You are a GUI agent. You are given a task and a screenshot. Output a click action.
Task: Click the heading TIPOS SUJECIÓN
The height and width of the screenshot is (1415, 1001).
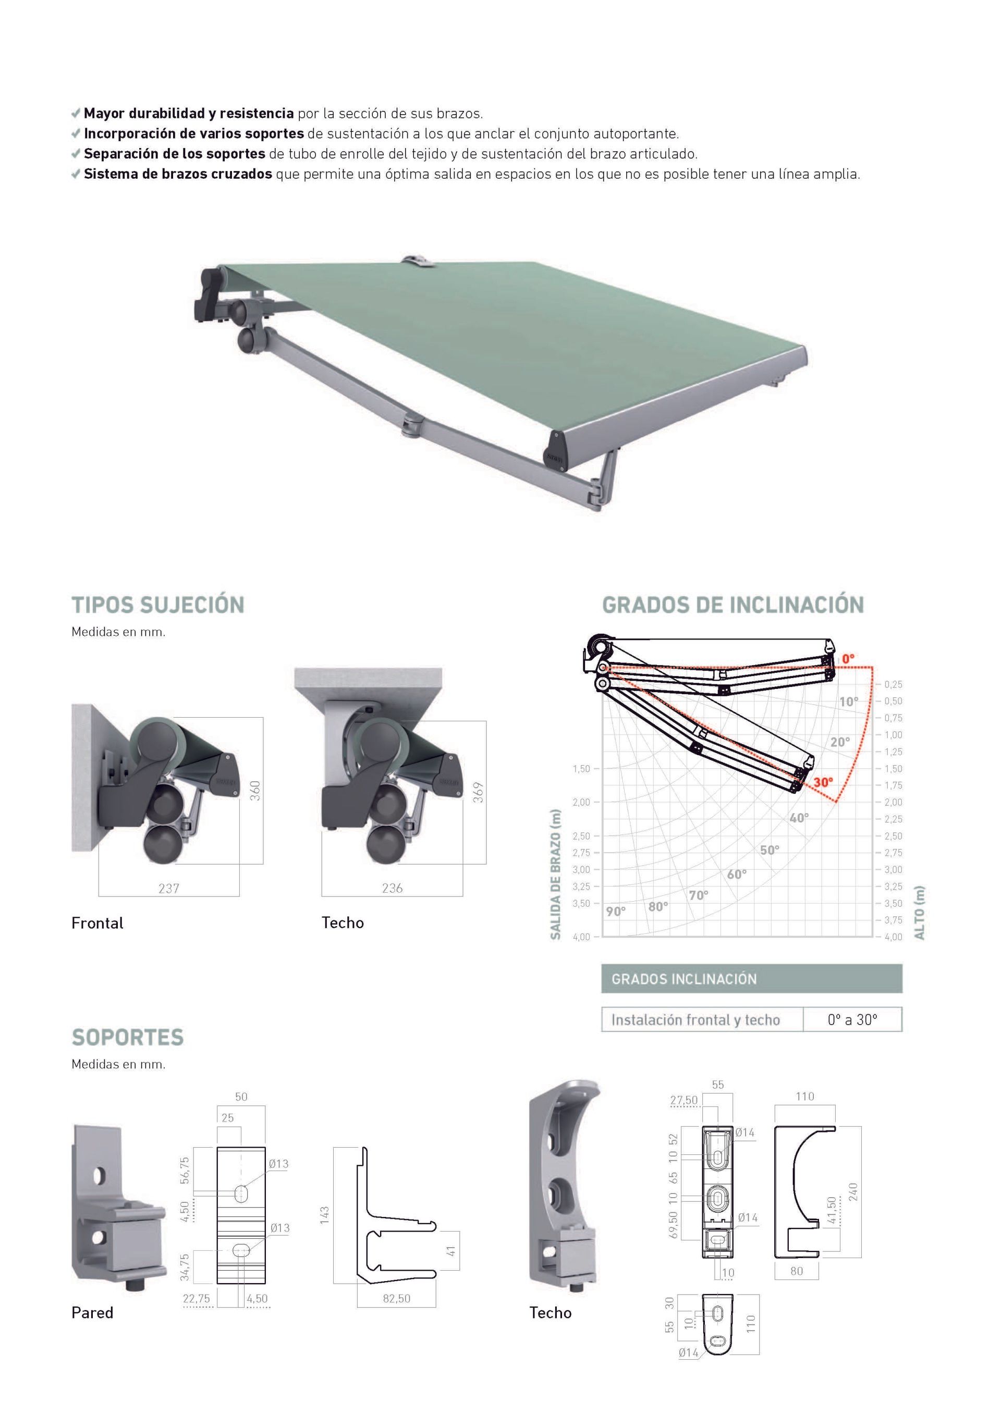click(158, 605)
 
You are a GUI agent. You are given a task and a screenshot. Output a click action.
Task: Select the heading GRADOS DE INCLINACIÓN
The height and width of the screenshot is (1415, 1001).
click(733, 605)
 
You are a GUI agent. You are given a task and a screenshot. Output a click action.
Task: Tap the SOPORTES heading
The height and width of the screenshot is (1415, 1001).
click(128, 1037)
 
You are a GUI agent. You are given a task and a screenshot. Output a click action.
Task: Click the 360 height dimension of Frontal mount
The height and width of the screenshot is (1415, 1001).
click(254, 791)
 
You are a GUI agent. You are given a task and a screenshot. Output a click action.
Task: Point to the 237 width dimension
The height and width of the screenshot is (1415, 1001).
click(168, 888)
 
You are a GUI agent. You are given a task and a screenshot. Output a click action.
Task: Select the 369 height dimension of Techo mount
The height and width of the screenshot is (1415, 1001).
click(478, 793)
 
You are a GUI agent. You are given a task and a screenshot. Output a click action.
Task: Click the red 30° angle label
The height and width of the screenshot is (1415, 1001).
click(823, 783)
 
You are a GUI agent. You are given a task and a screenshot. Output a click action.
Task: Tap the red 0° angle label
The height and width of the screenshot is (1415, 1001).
click(848, 659)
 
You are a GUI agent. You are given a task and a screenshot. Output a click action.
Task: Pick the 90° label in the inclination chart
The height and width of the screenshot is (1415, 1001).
click(615, 912)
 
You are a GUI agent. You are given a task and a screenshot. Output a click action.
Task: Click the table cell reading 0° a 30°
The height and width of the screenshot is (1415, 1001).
click(852, 1020)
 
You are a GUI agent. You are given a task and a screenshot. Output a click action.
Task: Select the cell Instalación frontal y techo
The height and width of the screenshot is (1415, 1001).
click(695, 1020)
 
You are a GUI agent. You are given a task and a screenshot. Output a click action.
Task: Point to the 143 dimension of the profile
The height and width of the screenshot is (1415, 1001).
click(325, 1215)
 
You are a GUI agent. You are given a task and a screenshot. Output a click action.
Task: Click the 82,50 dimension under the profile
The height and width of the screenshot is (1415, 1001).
click(396, 1299)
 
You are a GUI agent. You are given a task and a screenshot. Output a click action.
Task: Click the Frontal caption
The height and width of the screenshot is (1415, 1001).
click(97, 923)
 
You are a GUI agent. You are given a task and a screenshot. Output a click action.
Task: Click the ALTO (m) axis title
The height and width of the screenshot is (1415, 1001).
click(920, 912)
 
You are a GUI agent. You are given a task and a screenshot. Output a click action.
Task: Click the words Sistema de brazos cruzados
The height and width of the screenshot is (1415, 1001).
click(177, 174)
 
